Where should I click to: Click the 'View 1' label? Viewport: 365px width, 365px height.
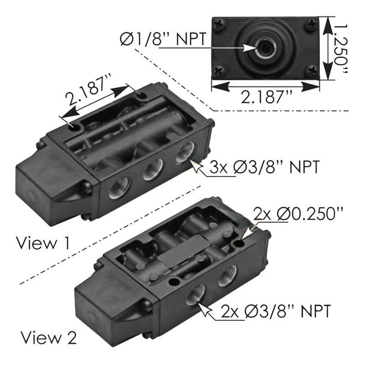coord(43,243)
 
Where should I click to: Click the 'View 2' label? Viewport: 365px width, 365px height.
coord(48,338)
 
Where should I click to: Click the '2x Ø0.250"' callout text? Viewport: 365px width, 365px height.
coord(298,214)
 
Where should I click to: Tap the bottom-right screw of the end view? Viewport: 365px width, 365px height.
coord(312,70)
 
